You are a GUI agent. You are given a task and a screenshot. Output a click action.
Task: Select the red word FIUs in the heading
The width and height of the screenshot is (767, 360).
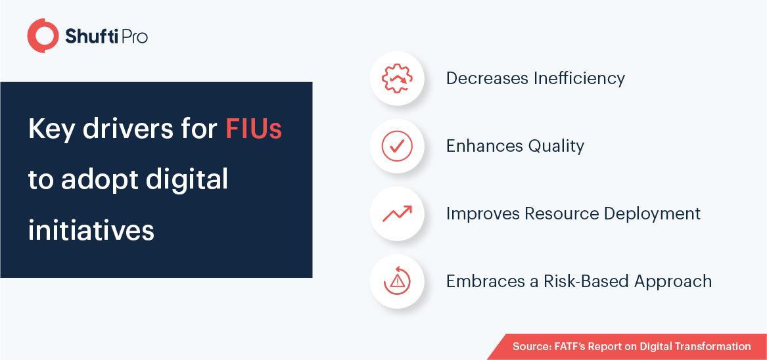[254, 129]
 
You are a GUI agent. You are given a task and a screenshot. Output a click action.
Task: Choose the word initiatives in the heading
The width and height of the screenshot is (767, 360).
[91, 230]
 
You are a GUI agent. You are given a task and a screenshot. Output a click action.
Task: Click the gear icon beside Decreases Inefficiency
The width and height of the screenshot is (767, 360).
[397, 78]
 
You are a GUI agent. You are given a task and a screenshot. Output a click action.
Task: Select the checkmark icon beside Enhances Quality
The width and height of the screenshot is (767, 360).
[397, 146]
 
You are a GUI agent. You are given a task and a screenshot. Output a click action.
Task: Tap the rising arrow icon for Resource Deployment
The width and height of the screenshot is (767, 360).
[397, 214]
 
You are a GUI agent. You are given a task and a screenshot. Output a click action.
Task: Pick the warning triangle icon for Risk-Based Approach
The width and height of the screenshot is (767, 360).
[397, 281]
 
